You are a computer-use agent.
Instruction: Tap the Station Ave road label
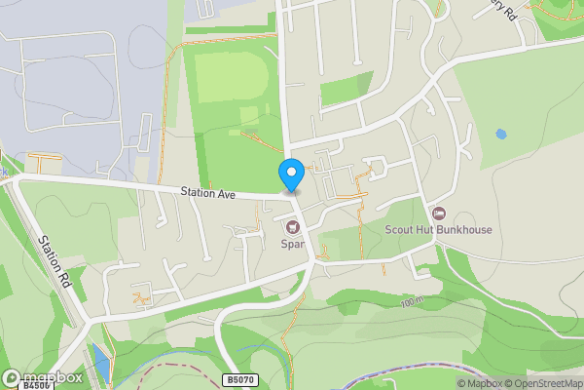[208, 194]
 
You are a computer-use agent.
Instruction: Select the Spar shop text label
[293, 243]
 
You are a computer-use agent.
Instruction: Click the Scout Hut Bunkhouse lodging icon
[438, 214]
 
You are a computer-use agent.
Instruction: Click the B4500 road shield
[35, 386]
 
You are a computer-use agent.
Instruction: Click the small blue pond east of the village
[500, 134]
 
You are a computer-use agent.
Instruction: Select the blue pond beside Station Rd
[101, 362]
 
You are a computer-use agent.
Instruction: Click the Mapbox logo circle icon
[12, 378]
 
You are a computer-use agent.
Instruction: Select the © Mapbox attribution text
[484, 383]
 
